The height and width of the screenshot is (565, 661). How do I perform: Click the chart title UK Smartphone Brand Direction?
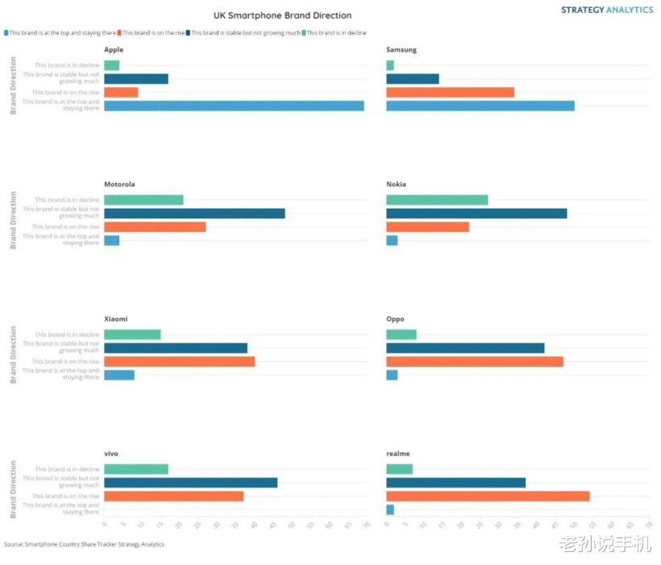point(282,15)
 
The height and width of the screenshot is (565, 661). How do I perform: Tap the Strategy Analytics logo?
point(607,10)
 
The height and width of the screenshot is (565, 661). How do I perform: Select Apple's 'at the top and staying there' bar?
point(234,106)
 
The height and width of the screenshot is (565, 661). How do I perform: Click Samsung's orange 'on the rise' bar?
point(450,92)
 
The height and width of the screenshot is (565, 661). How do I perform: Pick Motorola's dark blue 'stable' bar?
point(194,214)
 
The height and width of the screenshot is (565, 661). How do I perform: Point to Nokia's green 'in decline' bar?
point(437,200)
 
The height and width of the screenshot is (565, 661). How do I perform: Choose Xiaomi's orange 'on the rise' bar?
point(179,361)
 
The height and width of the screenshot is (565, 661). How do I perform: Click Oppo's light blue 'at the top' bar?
point(392,375)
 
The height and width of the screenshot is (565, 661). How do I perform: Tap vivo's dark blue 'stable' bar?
point(190,483)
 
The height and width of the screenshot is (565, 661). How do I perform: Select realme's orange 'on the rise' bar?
point(488,496)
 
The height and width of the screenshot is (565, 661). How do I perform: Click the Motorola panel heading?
point(119,185)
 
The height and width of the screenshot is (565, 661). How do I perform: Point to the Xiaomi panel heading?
point(115,319)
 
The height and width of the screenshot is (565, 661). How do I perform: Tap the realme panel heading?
point(398,454)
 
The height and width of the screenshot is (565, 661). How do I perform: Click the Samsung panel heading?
point(401,50)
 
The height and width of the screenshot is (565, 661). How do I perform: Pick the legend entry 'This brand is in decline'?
point(336,33)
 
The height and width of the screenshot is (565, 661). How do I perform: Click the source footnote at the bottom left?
point(84,545)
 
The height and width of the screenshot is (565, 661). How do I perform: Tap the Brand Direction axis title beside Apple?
point(13,85)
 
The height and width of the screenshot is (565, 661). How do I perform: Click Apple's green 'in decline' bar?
point(111,65)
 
